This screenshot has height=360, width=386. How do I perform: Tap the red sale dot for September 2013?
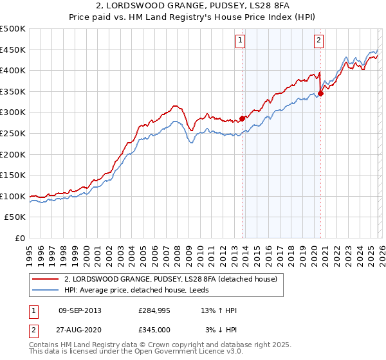click(x=243, y=118)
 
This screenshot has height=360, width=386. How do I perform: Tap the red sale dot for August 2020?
click(x=321, y=93)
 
